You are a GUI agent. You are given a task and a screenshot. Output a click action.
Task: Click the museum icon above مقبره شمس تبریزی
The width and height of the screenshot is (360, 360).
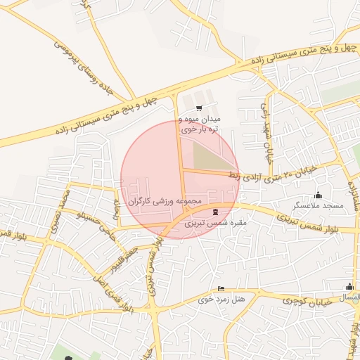coord(215,212)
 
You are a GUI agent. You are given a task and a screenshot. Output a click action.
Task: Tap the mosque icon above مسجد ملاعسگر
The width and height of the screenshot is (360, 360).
coord(318,195)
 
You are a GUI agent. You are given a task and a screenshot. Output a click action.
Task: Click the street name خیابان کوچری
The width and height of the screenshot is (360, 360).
coord(302,300)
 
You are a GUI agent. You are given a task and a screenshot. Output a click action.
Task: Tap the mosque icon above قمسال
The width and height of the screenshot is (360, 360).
coord(349,286)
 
